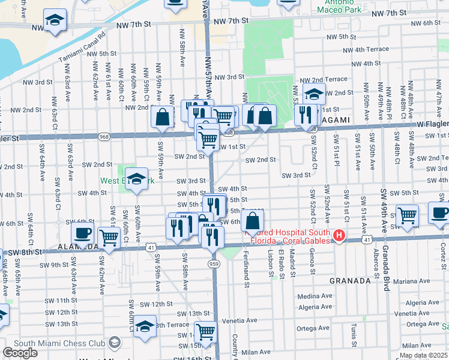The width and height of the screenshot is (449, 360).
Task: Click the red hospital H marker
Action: pyautogui.click(x=339, y=236)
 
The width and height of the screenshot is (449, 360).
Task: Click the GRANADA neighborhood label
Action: pyautogui.click(x=351, y=280)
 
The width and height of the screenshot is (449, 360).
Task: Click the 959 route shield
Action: pyautogui.click(x=214, y=262)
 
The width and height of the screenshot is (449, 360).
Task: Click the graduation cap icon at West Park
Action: pyautogui.click(x=136, y=178)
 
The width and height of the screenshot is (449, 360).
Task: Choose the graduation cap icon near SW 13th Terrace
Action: pyautogui.click(x=145, y=326)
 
